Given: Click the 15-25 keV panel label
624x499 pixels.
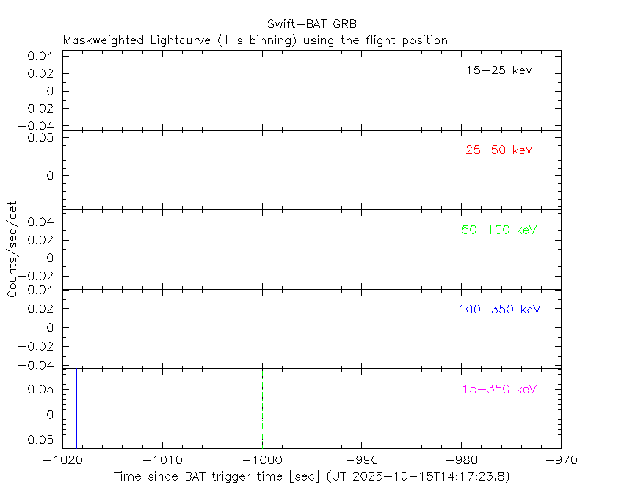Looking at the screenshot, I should [x=498, y=70].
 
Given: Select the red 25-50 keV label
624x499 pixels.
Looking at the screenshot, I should [x=498, y=150].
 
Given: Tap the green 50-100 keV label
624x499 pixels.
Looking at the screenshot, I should [x=499, y=230].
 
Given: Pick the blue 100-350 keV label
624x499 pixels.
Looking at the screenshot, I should [x=499, y=309].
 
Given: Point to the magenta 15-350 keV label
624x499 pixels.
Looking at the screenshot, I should [x=499, y=389].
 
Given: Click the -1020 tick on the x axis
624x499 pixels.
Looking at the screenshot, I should [x=63, y=459].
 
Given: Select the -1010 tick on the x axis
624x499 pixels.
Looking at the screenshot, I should [x=162, y=459].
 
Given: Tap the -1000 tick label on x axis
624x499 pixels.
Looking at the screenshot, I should [x=262, y=459].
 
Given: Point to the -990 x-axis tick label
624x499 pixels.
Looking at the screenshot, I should [x=362, y=459].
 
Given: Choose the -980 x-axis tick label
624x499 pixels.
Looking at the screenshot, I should [x=461, y=459].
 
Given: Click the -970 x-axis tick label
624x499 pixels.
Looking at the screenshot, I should [x=561, y=459].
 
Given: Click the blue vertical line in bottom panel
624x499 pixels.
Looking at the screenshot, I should [x=76, y=407].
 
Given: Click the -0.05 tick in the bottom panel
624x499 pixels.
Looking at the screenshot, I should [x=39, y=439].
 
